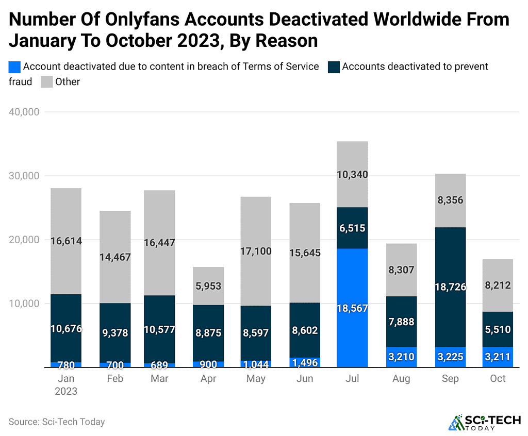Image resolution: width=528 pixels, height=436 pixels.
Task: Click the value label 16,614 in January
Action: point(65,240)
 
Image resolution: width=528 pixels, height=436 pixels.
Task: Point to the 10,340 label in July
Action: point(352,175)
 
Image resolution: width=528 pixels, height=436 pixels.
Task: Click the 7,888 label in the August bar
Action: point(401,322)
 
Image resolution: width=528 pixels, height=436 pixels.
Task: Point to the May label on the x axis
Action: point(256,379)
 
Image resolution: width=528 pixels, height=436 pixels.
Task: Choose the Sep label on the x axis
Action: point(450,379)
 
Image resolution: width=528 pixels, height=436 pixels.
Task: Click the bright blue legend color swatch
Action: point(15,66)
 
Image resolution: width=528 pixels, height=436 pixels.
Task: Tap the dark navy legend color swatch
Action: point(334,66)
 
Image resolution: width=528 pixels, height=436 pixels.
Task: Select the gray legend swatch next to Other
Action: point(47,82)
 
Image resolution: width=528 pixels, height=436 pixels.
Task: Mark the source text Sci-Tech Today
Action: point(57,422)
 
